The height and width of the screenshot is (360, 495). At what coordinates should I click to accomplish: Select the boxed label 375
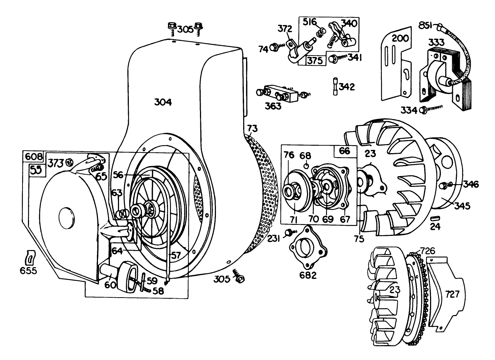[x=315, y=61]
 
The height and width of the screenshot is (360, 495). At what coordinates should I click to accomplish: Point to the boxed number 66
[x=344, y=151]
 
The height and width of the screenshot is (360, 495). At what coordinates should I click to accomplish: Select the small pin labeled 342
[x=335, y=87]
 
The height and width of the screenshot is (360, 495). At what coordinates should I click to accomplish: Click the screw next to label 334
[x=423, y=109]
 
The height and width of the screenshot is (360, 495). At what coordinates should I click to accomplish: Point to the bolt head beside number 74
[x=275, y=47]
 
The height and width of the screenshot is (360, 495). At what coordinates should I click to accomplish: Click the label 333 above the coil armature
[x=437, y=42]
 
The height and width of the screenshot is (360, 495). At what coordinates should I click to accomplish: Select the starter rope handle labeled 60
[x=108, y=271]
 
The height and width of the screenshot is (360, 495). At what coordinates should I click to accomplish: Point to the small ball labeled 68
[x=306, y=167]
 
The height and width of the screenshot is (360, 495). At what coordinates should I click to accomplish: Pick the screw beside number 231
[x=289, y=232]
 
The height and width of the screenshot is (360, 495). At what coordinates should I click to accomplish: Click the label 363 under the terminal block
[x=273, y=106]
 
